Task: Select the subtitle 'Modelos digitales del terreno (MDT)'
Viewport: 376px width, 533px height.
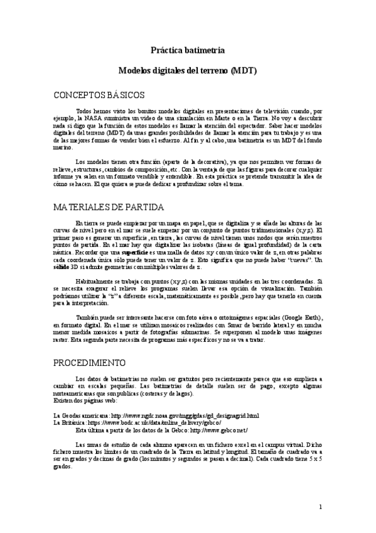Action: click(188, 71)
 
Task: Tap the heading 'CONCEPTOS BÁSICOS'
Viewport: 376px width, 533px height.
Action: click(99, 95)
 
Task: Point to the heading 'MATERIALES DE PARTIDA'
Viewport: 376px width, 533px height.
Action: click(109, 207)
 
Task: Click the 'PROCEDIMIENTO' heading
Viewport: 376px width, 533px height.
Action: click(89, 363)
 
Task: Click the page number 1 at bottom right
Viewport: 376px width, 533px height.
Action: click(320, 506)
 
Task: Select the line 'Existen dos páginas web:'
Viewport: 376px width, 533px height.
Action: click(85, 400)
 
